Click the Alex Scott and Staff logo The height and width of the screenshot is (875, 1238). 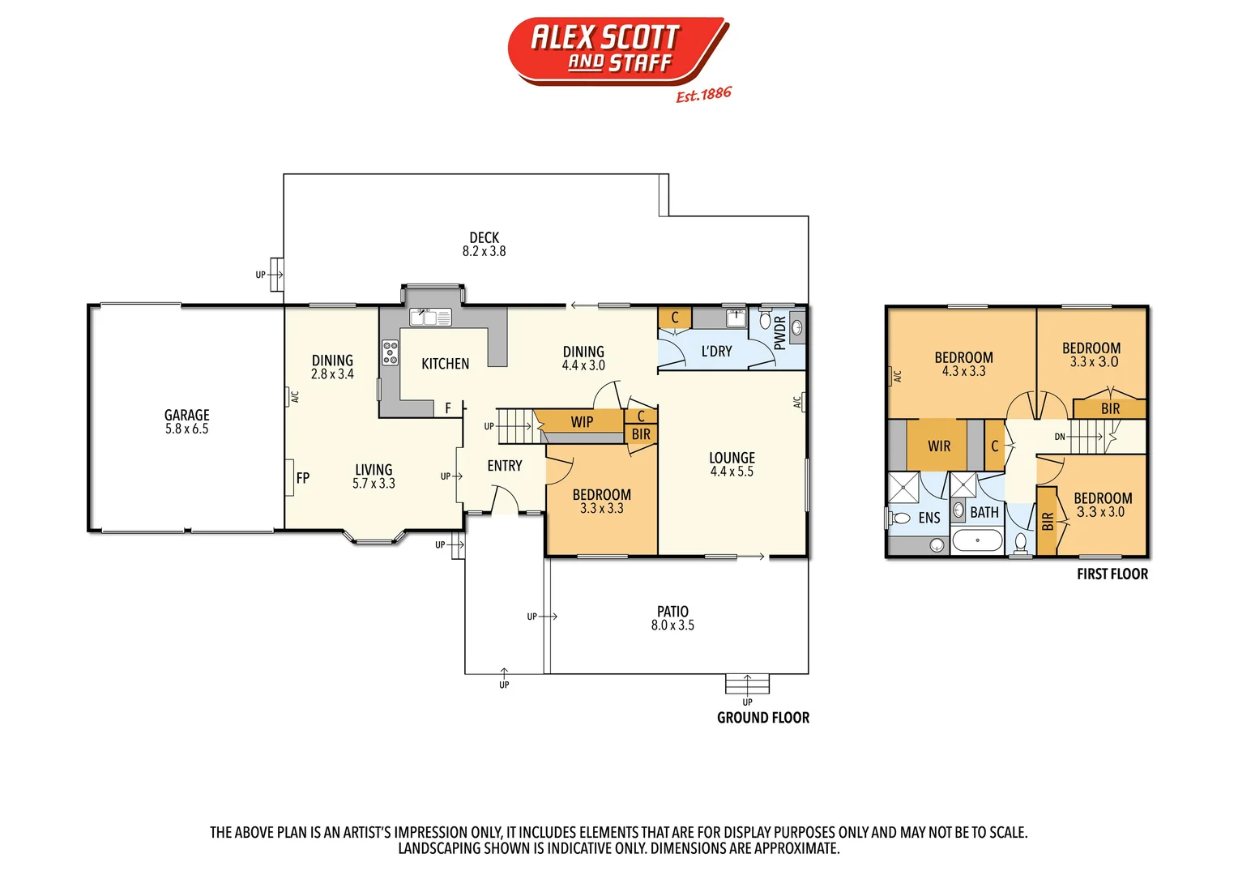pos(618,50)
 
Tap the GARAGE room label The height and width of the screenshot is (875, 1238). pos(186,415)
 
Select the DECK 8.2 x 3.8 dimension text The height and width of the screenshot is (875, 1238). pos(484,251)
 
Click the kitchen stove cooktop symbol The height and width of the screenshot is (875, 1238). pos(391,352)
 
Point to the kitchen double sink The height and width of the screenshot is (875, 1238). pos(430,317)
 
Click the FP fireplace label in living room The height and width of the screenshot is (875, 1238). pos(302,478)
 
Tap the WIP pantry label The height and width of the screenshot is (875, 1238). pos(582,421)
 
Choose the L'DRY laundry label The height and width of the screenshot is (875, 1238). pos(716,352)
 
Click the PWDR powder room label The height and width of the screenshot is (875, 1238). pos(779,332)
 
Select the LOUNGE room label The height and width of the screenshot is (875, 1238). pos(732,458)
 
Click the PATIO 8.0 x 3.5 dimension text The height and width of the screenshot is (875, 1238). pos(672,625)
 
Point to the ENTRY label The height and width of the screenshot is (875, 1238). pos(505,466)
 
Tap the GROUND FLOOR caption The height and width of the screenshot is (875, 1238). pos(762,718)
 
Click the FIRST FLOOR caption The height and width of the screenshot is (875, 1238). pos(1112,574)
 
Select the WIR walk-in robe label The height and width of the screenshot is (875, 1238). pos(939,446)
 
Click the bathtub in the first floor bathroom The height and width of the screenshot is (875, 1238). pos(977,540)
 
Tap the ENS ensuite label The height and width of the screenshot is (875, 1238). pos(929,518)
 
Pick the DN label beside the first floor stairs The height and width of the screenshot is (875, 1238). pos(1060,437)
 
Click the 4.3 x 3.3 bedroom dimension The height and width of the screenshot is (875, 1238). pos(963,372)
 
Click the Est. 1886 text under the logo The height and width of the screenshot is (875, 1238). pos(703,95)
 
